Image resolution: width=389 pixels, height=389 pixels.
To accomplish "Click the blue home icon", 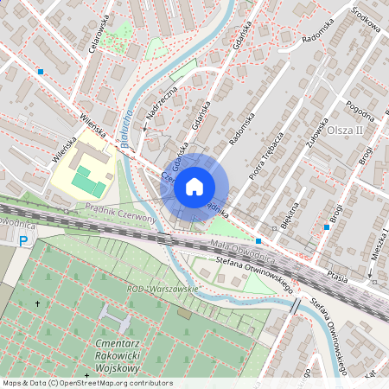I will (x=194, y=186).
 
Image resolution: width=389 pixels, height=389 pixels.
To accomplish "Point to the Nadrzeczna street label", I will (x=161, y=103).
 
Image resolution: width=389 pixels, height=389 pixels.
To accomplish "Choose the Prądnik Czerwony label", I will (x=120, y=211).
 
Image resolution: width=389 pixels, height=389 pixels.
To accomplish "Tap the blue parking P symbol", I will (x=23, y=242).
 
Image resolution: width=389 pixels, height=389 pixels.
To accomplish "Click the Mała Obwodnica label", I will (x=243, y=252).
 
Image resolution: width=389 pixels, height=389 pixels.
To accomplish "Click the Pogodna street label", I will (x=359, y=112).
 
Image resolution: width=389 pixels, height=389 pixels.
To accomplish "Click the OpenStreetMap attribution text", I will (x=86, y=383).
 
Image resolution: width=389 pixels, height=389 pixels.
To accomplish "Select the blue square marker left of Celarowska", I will (x=41, y=72).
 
